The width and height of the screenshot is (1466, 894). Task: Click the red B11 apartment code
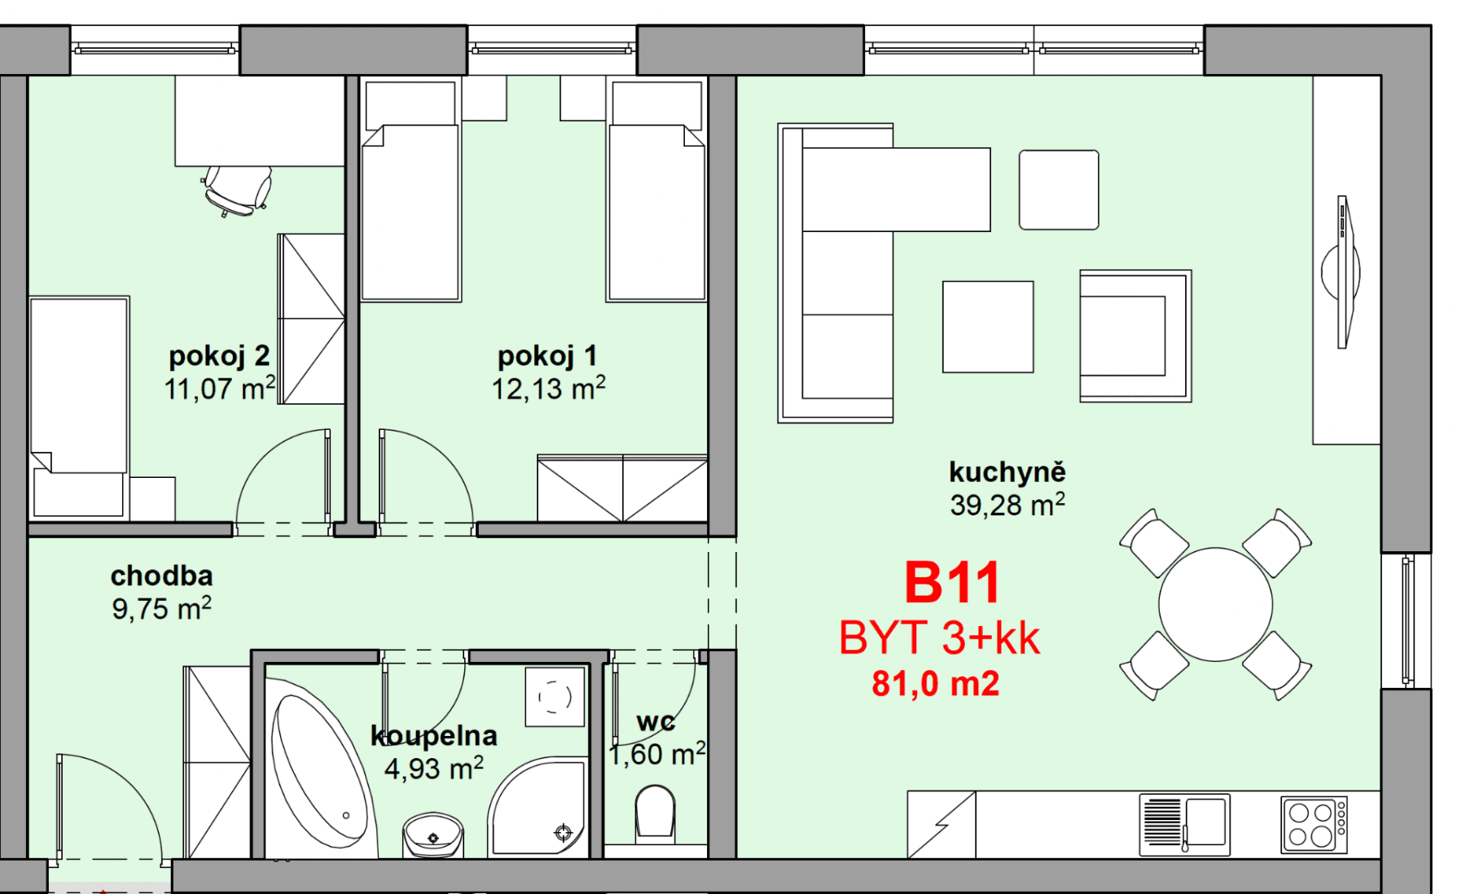pyautogui.click(x=952, y=583)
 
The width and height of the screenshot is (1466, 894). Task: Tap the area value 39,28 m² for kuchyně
pyautogui.click(x=1007, y=506)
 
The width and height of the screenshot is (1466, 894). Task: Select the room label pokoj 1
pyautogui.click(x=547, y=356)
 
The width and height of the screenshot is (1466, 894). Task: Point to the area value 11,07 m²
pyautogui.click(x=219, y=389)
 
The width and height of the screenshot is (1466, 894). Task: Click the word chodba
pyautogui.click(x=161, y=576)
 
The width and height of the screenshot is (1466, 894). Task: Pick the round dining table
pyautogui.click(x=1215, y=604)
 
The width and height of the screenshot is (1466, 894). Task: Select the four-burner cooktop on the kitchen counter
pyautogui.click(x=1313, y=824)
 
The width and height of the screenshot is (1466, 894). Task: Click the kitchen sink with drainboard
pyautogui.click(x=1184, y=825)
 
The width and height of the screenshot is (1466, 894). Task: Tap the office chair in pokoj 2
pyautogui.click(x=237, y=190)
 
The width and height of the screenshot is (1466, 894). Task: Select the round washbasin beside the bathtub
pyautogui.click(x=433, y=835)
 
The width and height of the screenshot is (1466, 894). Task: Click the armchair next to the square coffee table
pyautogui.click(x=1135, y=336)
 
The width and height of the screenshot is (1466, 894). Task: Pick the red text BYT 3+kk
pyautogui.click(x=939, y=638)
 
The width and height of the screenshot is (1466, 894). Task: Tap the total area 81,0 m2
pyautogui.click(x=935, y=684)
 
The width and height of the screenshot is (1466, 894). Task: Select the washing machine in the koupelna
pyautogui.click(x=555, y=697)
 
